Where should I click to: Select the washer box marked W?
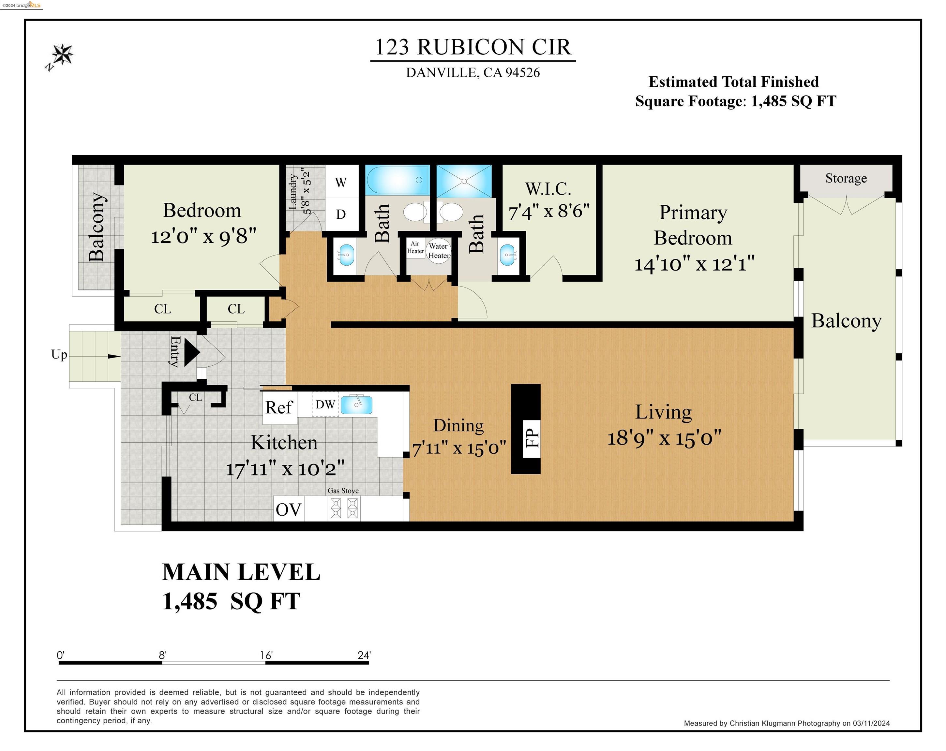click(342, 182)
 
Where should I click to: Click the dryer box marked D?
click(342, 214)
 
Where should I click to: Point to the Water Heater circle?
click(438, 251)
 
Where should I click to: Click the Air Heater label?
click(415, 247)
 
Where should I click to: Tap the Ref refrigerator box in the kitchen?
click(280, 407)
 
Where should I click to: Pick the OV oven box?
click(288, 509)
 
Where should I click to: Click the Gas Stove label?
click(343, 491)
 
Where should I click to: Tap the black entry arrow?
click(192, 352)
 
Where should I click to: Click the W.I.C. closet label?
click(548, 189)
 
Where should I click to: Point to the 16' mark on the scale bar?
click(266, 655)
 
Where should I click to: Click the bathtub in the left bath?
click(398, 180)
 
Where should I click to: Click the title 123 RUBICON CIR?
click(473, 47)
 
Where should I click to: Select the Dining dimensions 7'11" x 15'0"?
click(459, 448)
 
